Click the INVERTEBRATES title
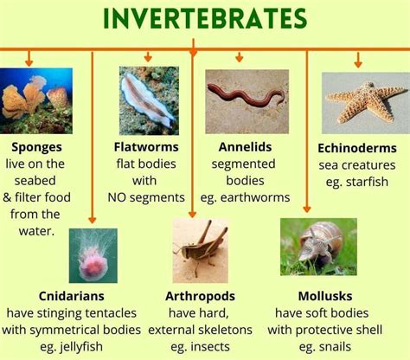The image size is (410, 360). click(205, 18)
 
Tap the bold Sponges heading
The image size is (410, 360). click(36, 147)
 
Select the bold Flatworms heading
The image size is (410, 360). click(146, 147)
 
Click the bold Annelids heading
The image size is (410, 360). click(245, 147)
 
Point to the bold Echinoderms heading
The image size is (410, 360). click(357, 148)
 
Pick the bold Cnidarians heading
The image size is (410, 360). click(72, 296)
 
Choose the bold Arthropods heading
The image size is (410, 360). click(200, 296)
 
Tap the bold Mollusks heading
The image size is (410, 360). click(325, 296)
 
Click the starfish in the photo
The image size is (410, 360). click(365, 102)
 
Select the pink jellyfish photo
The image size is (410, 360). click(93, 255)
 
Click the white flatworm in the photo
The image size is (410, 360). click(147, 100)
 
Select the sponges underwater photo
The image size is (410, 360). click(36, 101)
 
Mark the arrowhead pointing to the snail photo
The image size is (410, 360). click(307, 209)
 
